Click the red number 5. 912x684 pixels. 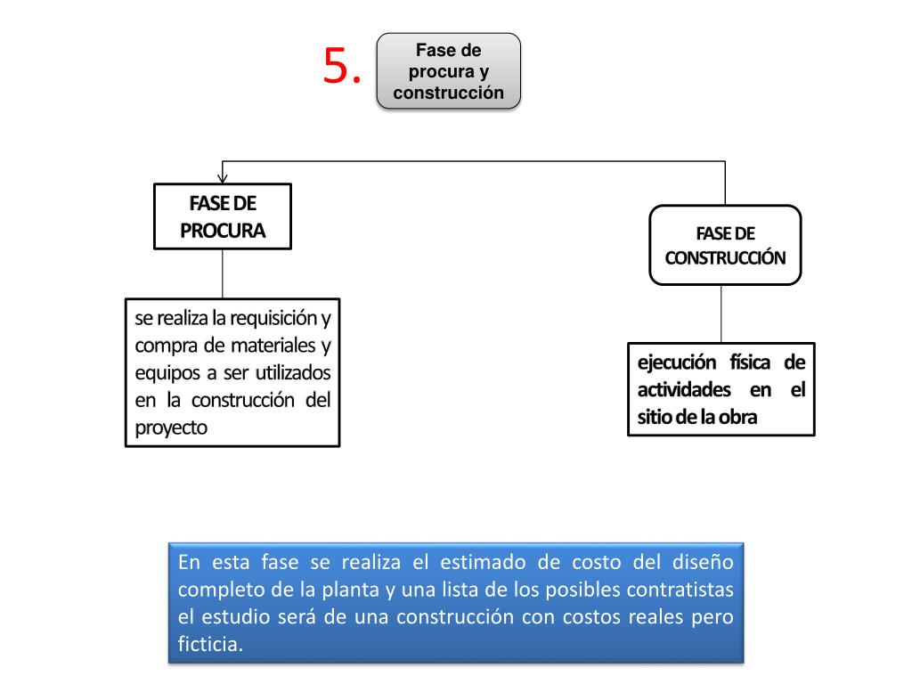point(342,67)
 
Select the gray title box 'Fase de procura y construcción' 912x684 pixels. point(449,71)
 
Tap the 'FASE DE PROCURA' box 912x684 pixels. point(223,216)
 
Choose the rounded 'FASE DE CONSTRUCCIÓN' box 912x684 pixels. point(725,245)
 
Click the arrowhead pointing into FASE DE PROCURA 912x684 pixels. point(223,178)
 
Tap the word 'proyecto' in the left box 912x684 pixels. point(171,427)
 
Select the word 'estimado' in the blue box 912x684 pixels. point(481,563)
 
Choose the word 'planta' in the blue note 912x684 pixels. point(346,590)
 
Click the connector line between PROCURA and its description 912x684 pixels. point(223,273)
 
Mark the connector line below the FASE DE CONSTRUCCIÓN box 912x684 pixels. point(721,313)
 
